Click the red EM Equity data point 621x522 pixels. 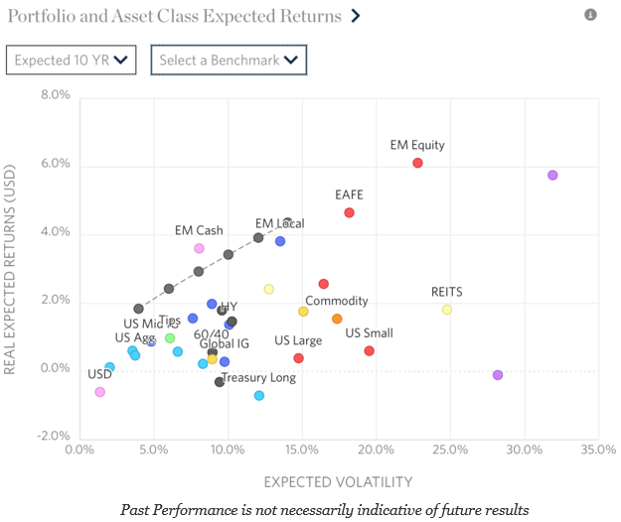[x=417, y=163]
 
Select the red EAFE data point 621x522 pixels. [x=349, y=212]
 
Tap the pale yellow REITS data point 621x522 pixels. [x=447, y=310]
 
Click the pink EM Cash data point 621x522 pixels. [x=199, y=248]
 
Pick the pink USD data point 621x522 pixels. [x=99, y=392]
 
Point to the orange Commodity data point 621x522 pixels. [x=337, y=319]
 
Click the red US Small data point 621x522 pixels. [x=369, y=350]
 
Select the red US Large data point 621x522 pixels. [x=298, y=358]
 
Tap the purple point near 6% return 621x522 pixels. [x=552, y=176]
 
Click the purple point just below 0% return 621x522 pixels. [x=498, y=375]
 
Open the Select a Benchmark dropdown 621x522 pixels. [x=229, y=60]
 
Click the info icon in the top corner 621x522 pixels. [x=591, y=15]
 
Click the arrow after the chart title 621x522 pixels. [x=356, y=16]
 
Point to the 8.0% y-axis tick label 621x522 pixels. [x=55, y=96]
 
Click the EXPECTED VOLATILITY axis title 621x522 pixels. [x=337, y=482]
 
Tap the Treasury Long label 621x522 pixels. [x=258, y=378]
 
